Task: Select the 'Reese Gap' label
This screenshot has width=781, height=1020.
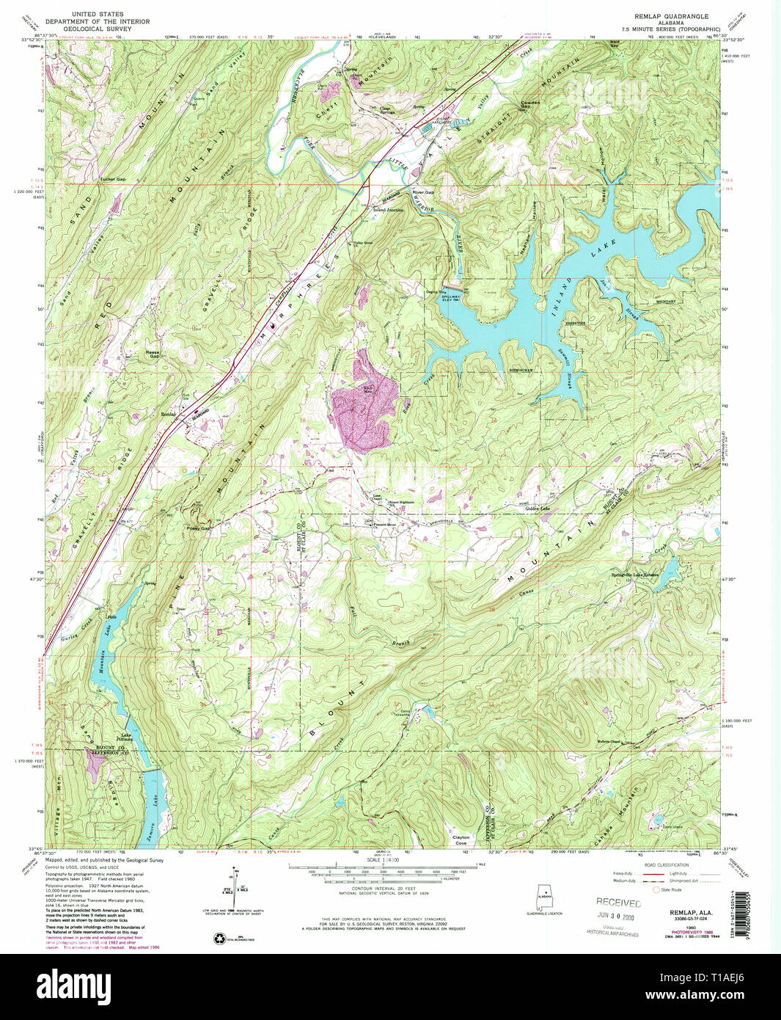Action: (x=153, y=354)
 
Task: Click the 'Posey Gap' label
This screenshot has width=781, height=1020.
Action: (x=199, y=528)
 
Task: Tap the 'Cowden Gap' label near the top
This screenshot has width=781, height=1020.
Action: (x=529, y=104)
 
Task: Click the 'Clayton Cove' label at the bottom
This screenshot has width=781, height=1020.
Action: (x=461, y=839)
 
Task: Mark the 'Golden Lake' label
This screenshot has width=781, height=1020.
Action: (x=538, y=509)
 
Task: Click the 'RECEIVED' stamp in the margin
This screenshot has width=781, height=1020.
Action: (x=617, y=903)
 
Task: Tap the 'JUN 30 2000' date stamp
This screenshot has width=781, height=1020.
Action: (x=617, y=917)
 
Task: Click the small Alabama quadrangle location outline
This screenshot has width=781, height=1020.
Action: (x=544, y=897)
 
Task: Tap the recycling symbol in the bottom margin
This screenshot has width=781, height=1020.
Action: (x=220, y=938)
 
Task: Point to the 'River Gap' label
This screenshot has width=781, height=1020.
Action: (x=423, y=192)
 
